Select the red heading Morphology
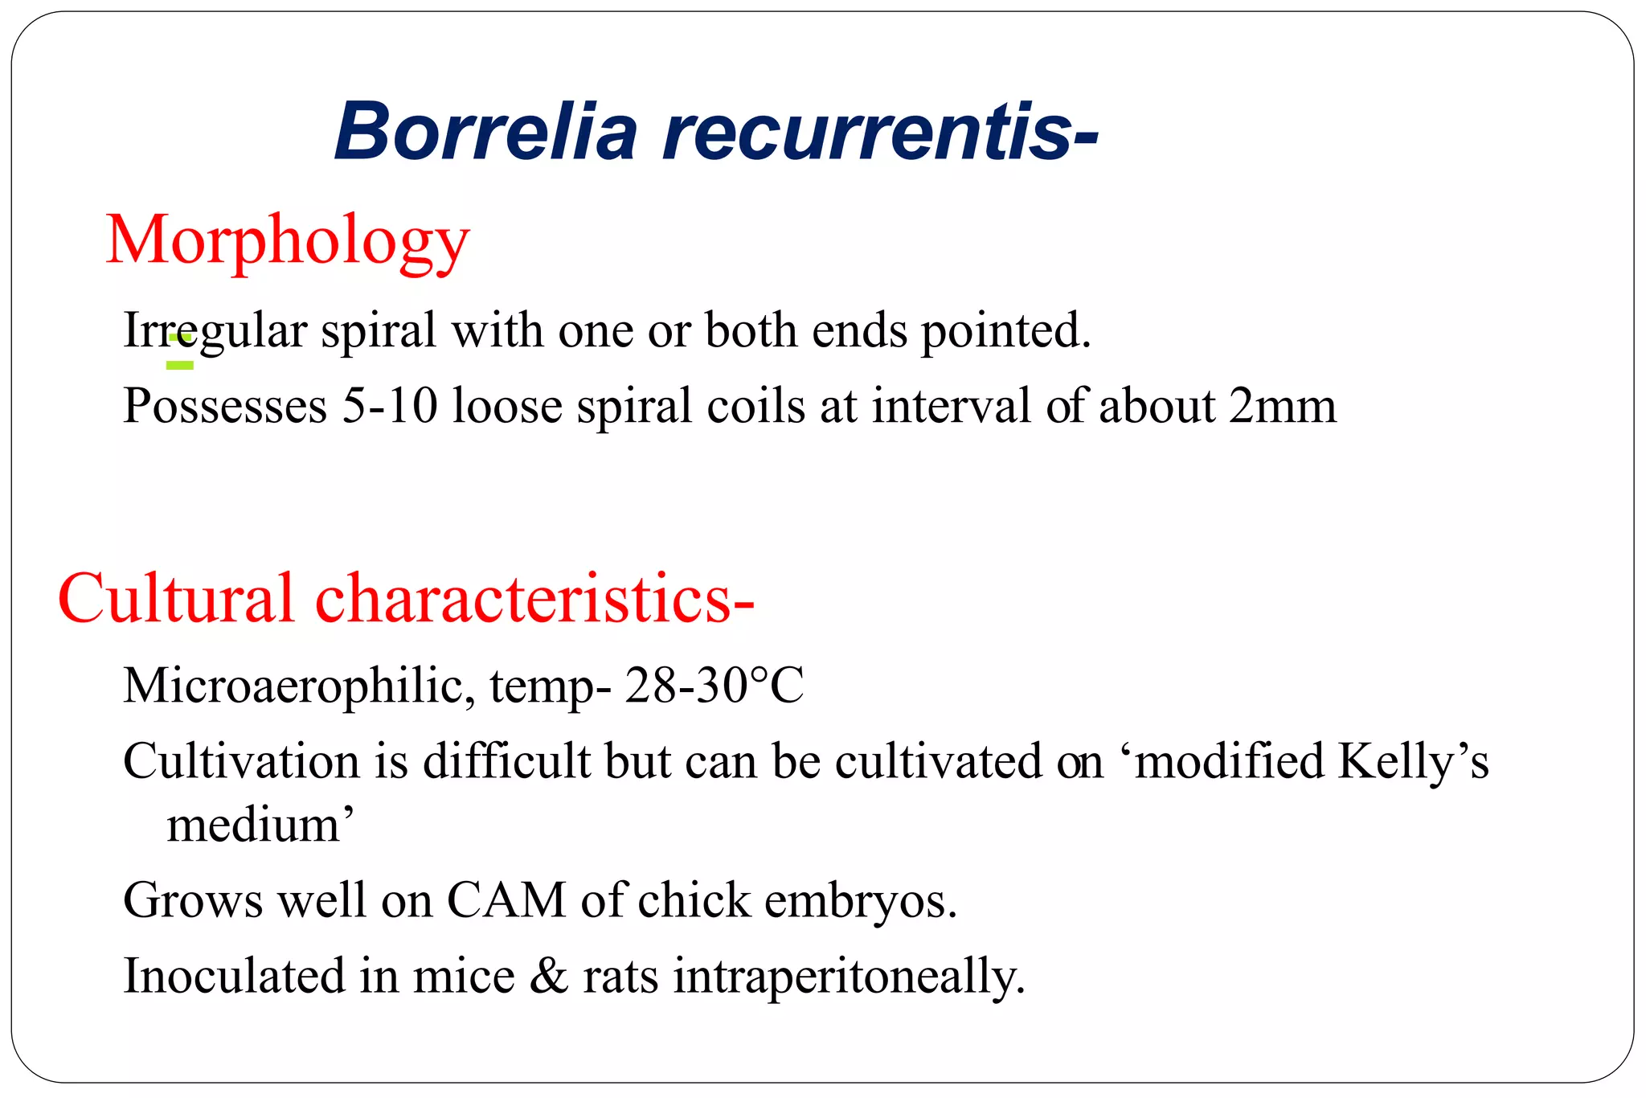(287, 240)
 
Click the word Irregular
(215, 330)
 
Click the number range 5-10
(390, 406)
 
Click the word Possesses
(225, 406)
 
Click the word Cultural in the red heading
(176, 599)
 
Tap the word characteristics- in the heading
(534, 599)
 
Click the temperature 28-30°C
(714, 686)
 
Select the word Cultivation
(241, 760)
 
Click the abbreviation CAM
(506, 900)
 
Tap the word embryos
(861, 900)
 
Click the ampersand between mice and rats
(549, 976)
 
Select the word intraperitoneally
(849, 976)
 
